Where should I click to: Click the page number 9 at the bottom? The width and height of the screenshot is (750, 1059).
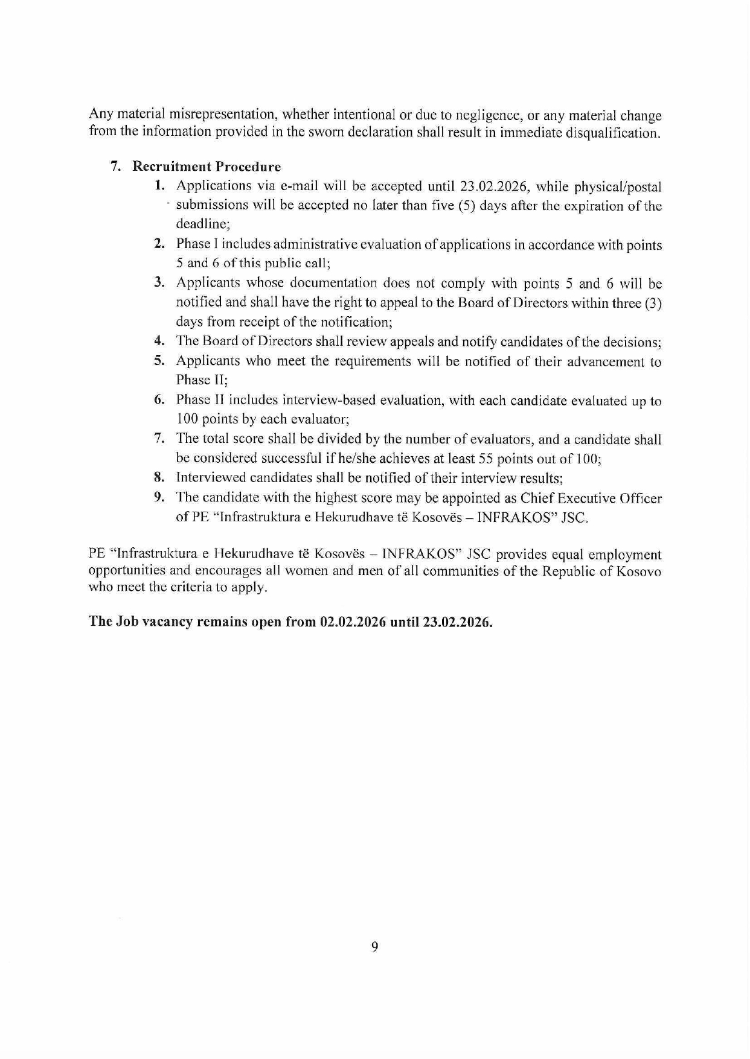pyautogui.click(x=374, y=947)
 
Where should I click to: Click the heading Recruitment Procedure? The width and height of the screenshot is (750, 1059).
pyautogui.click(x=207, y=167)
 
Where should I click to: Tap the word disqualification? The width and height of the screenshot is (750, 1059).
pyautogui.click(x=611, y=133)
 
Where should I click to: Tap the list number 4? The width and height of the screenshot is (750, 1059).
pyautogui.click(x=159, y=341)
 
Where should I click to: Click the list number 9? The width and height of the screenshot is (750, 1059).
pyautogui.click(x=159, y=497)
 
